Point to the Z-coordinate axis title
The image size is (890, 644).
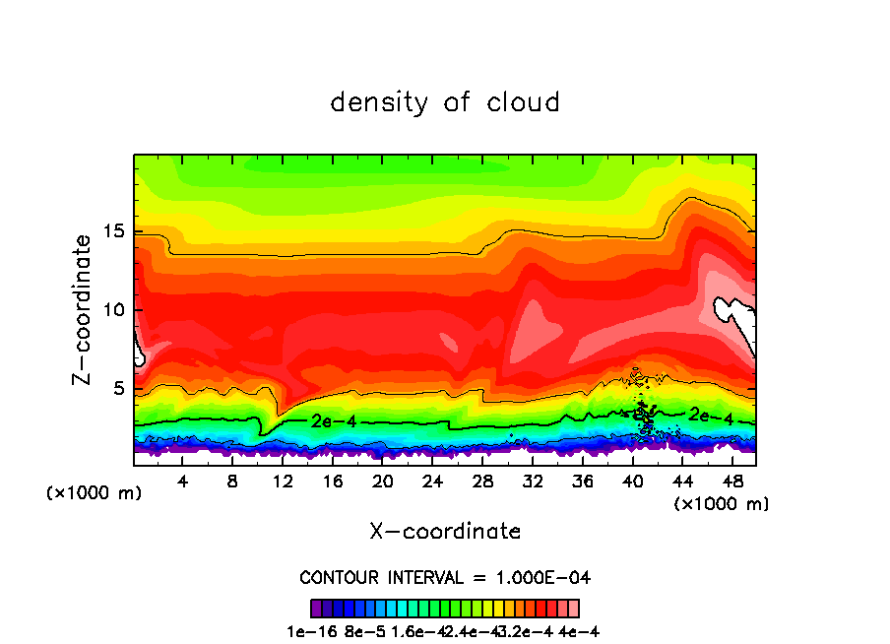click(x=83, y=309)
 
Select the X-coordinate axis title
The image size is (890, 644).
click(x=445, y=532)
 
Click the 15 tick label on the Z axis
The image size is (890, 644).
click(x=113, y=231)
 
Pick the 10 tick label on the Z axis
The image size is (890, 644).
click(x=113, y=310)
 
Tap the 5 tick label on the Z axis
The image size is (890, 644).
click(x=119, y=389)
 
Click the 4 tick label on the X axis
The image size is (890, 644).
click(x=182, y=482)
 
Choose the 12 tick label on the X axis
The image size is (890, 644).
click(x=283, y=482)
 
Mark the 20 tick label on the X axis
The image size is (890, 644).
click(x=383, y=482)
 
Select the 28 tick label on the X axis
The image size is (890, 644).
click(x=482, y=482)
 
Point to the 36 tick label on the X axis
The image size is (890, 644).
click(x=583, y=482)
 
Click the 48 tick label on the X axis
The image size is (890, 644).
click(x=732, y=482)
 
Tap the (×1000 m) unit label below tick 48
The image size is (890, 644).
click(x=721, y=503)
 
